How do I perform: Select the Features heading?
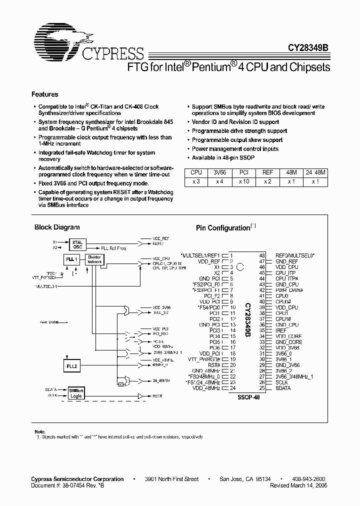pos(45,94)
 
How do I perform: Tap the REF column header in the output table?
pos(268,172)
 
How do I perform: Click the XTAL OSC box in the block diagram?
pos(77,244)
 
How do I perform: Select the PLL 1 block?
pos(71,259)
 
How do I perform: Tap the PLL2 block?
pos(71,366)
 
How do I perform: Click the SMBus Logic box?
pos(76,393)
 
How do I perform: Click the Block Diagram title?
pos(57,227)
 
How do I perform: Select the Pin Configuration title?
pos(222,228)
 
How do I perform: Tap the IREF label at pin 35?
pos(281,330)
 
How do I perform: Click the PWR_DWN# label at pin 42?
pos(289,290)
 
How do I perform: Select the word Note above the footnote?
pos(39,431)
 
